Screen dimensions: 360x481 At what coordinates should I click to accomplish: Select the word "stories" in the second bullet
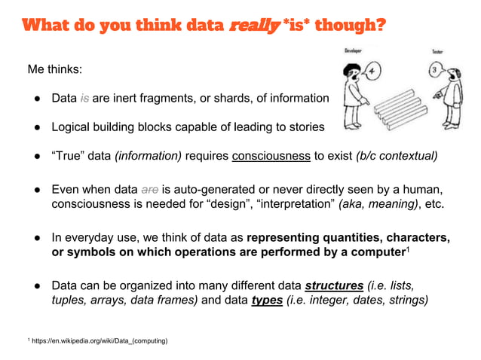303,127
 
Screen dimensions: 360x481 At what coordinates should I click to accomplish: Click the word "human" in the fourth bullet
423,189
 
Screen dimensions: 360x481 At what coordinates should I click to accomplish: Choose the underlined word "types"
268,301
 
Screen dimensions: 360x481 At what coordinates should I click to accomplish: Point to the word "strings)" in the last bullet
407,301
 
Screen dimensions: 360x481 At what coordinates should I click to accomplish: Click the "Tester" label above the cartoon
437,51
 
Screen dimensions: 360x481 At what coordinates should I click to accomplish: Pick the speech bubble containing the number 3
435,71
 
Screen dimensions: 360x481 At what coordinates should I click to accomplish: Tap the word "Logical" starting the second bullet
74,127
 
